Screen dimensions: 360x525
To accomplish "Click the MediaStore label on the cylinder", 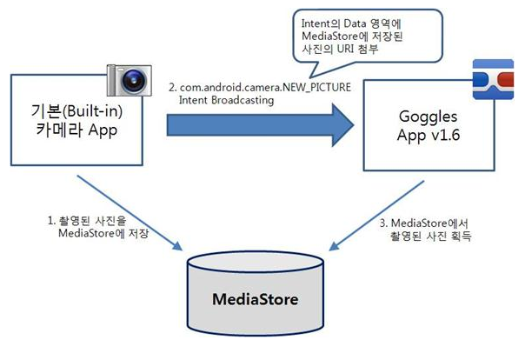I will (256, 300).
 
